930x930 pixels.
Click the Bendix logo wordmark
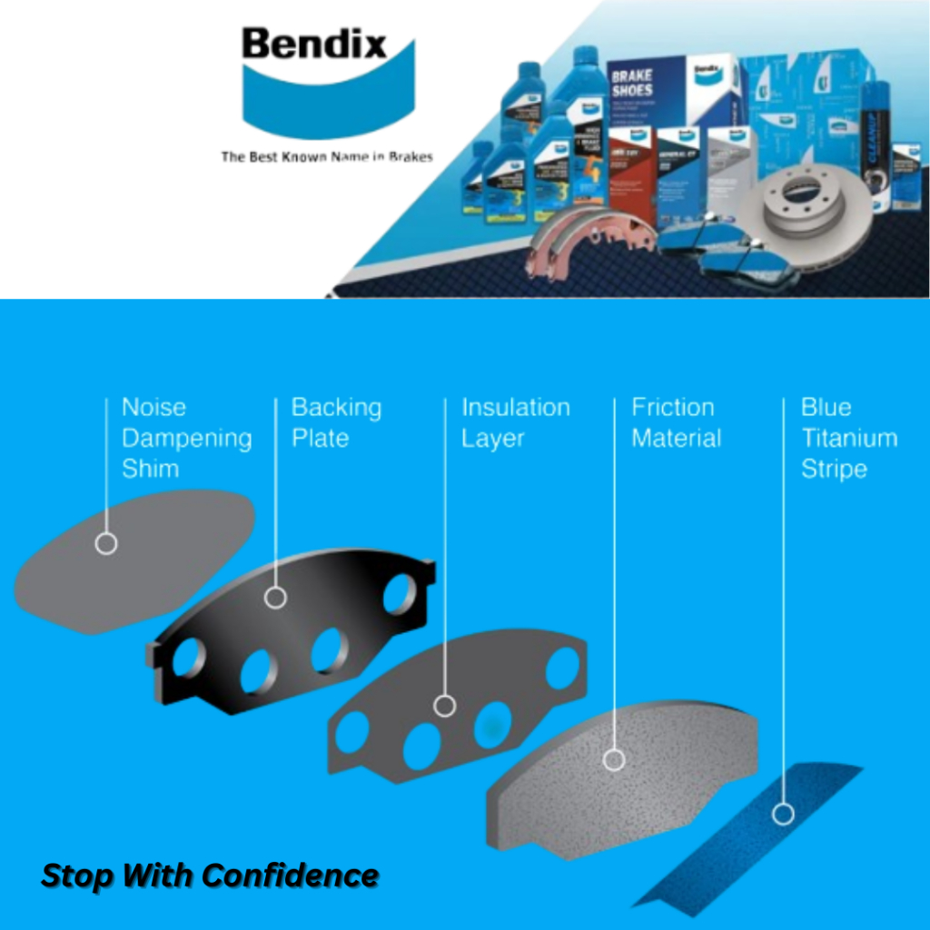313,45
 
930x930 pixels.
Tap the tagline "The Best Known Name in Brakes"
326,157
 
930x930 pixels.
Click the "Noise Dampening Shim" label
186,438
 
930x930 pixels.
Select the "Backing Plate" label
336,422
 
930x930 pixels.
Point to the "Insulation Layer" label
515,422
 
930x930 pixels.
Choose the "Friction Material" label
677,422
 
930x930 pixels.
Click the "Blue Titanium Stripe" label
848,438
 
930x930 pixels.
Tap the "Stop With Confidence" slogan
210,876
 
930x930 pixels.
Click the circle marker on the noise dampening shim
106,544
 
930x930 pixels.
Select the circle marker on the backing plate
275,598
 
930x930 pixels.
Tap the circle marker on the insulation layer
445,706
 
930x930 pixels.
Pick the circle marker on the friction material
614,759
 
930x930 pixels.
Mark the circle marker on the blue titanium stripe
783,814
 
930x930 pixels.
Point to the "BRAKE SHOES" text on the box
631,83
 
